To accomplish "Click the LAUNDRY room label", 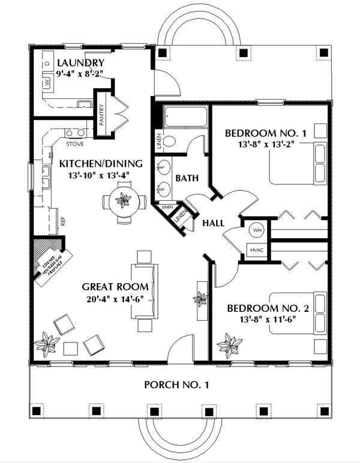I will coord(80,64).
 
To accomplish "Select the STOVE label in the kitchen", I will coord(74,145).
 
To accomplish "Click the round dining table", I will coord(124,200).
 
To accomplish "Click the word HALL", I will coord(213,223).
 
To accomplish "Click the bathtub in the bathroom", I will coord(185,116).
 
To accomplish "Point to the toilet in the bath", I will coord(170,142).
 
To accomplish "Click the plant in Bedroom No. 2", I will coord(229,345).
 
